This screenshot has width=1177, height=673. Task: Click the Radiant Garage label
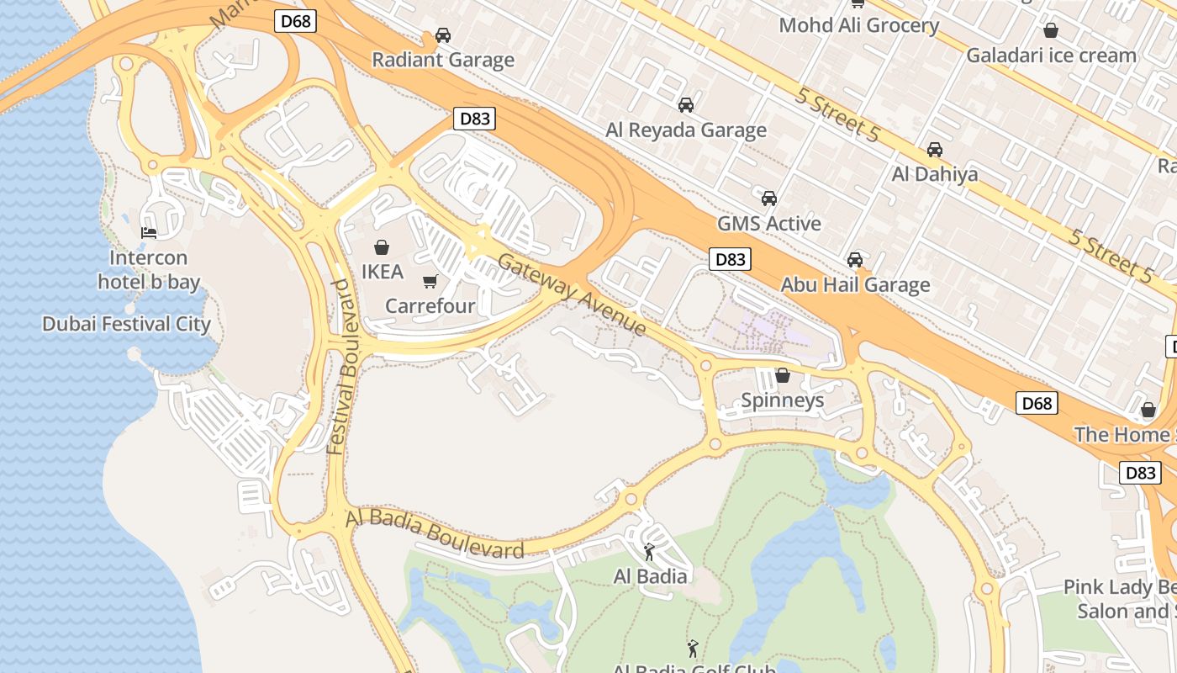(443, 60)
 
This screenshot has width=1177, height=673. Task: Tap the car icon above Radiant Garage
(443, 35)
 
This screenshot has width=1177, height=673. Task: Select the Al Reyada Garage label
(686, 130)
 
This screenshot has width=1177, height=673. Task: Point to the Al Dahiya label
(935, 174)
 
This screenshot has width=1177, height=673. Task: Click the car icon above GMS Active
(768, 199)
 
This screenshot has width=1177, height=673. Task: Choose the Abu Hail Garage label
(855, 284)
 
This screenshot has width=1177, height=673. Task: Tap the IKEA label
(383, 272)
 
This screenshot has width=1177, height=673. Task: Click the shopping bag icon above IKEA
(382, 247)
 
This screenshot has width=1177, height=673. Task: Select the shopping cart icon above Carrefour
(430, 282)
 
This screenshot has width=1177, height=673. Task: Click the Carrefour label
(430, 306)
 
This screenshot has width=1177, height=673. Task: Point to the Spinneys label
(782, 400)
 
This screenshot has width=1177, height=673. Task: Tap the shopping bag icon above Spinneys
(782, 375)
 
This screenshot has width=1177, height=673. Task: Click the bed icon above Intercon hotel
(149, 233)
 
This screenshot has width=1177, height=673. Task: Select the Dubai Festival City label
(126, 324)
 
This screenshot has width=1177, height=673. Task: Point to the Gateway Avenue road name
(572, 294)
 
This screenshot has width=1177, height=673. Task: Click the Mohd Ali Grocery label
(858, 25)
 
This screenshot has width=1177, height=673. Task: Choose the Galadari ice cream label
(1051, 56)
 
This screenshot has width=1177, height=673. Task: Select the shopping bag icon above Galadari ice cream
(1050, 31)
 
